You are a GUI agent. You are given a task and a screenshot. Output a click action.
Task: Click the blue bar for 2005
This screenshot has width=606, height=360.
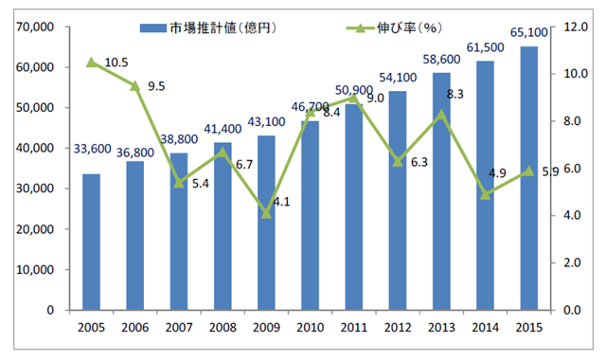click(x=91, y=242)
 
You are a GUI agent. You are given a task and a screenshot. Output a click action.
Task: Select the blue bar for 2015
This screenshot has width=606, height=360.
click(x=529, y=178)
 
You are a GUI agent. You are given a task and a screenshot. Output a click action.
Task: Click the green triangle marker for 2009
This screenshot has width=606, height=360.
click(x=266, y=213)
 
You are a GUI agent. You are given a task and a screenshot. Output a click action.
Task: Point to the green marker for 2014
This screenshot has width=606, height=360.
click(x=486, y=194)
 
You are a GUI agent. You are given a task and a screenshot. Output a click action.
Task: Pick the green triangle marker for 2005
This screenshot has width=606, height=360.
click(x=91, y=63)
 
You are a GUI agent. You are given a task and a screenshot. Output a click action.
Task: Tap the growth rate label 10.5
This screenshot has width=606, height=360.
click(x=116, y=63)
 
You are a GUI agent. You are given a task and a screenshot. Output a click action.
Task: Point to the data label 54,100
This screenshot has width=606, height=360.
click(x=398, y=78)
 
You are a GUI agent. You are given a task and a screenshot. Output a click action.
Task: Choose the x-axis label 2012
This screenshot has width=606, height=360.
click(x=398, y=328)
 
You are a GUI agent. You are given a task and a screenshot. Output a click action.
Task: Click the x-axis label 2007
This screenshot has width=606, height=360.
click(x=178, y=328)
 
